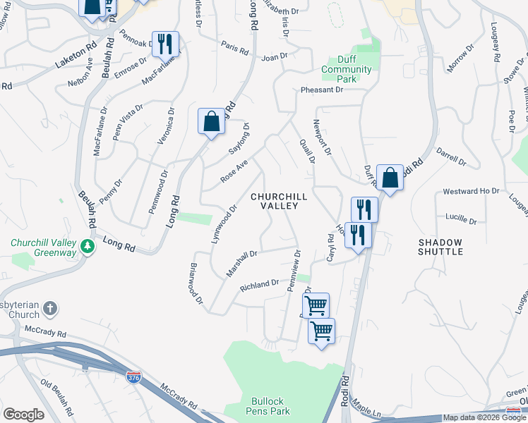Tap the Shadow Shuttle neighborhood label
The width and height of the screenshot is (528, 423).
click(x=440, y=246)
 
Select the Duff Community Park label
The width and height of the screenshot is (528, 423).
click(x=346, y=69)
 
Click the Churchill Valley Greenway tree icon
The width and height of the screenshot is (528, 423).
click(x=88, y=247)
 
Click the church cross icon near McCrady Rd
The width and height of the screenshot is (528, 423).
click(x=49, y=308)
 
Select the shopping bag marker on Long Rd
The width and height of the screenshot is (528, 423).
click(x=211, y=122)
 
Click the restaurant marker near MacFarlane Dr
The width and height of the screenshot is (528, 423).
click(x=164, y=44)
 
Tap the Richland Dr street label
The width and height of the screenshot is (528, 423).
click(x=259, y=285)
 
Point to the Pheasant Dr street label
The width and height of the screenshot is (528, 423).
click(x=321, y=90)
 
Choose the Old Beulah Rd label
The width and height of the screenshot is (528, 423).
click(x=57, y=396)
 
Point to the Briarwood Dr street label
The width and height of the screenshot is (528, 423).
click(x=196, y=285)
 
